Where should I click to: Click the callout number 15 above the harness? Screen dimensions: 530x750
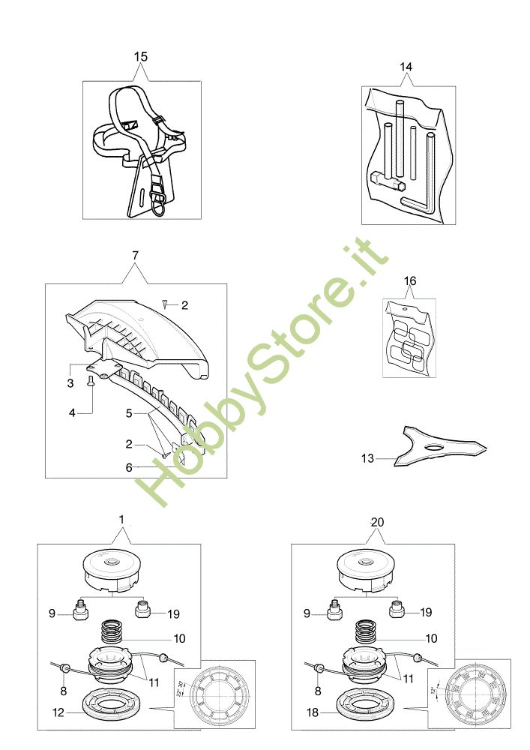click(141, 56)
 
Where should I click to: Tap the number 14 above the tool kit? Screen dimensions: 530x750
click(406, 67)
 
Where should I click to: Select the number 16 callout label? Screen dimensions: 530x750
click(409, 281)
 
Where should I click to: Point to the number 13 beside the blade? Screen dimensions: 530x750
click(367, 458)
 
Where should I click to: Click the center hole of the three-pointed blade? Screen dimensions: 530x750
click(435, 447)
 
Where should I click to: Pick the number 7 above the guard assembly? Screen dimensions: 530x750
click(135, 256)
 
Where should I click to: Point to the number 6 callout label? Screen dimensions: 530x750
click(129, 466)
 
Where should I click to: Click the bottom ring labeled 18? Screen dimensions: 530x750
click(365, 703)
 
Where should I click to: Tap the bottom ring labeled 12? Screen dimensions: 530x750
click(111, 703)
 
